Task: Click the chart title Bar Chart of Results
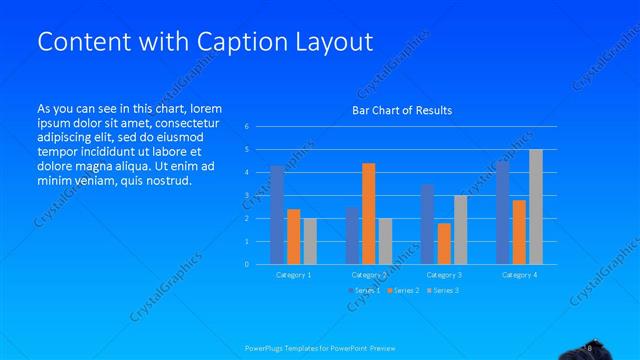point(402,110)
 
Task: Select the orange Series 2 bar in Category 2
point(369,213)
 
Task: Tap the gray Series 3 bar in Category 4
point(536,206)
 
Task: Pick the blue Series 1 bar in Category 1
point(277,214)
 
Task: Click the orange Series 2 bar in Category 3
point(444,243)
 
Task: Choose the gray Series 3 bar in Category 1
point(310,240)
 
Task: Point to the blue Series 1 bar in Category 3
point(427,224)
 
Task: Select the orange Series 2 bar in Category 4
point(519,231)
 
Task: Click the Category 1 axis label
point(293,274)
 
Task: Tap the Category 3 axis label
point(443,274)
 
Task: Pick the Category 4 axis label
point(519,274)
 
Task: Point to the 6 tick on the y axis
point(246,127)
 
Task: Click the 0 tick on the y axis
point(246,264)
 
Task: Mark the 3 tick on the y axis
point(246,196)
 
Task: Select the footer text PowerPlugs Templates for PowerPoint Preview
point(319,348)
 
